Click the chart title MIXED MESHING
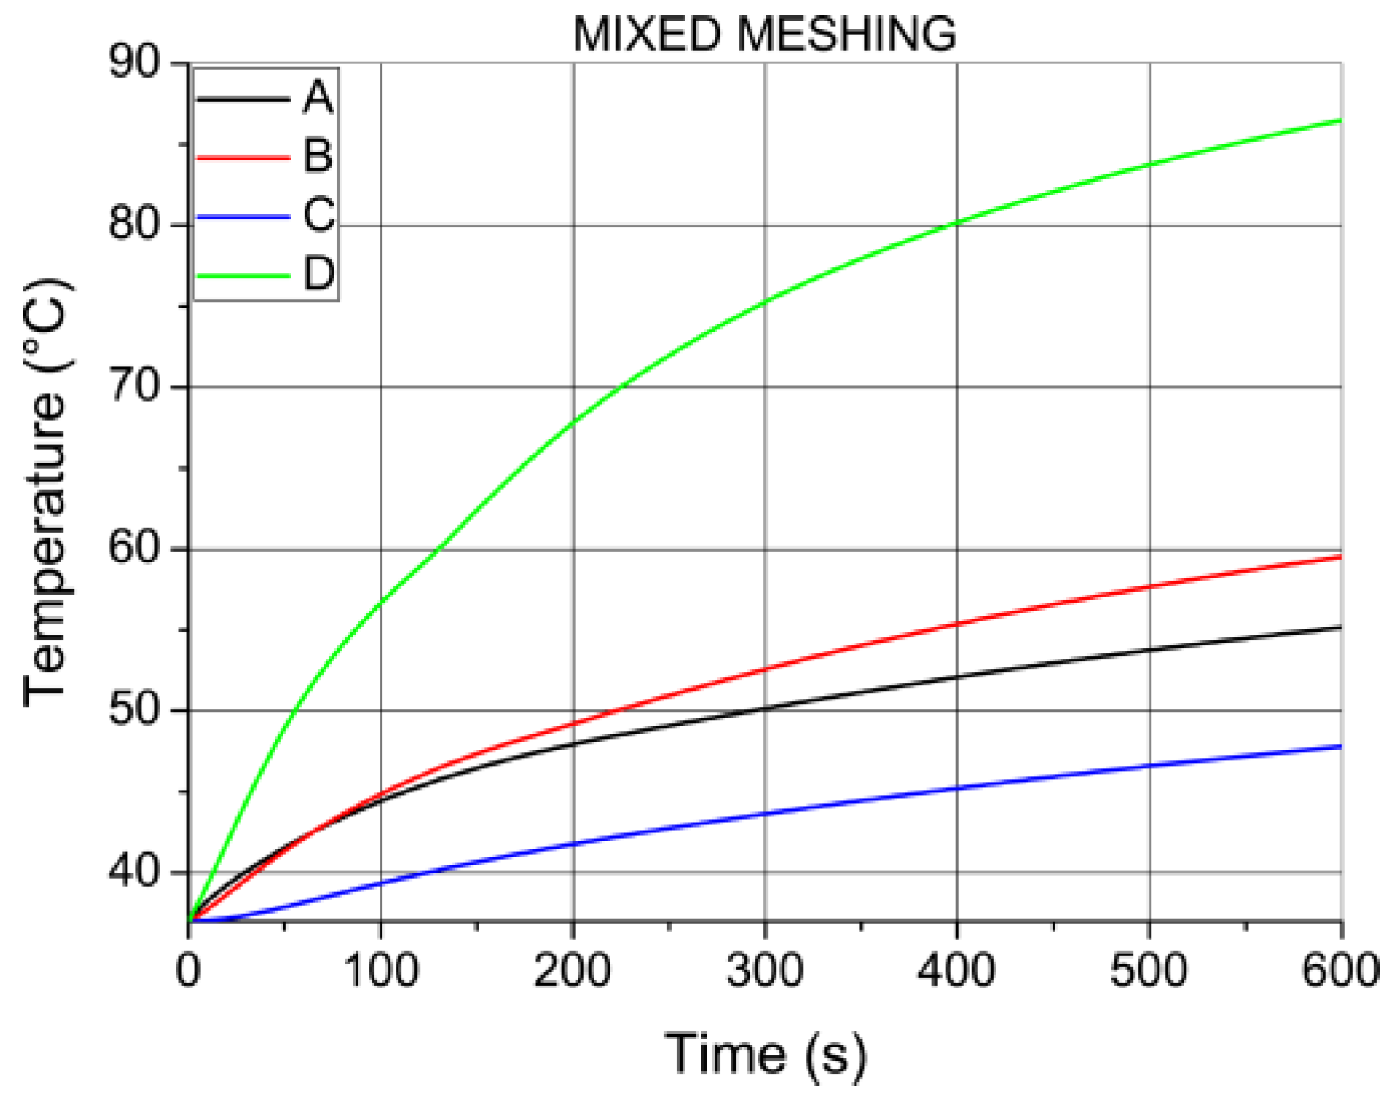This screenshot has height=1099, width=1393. [x=764, y=34]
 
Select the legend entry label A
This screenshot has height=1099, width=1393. [x=318, y=97]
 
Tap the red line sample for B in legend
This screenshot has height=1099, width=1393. [x=242, y=157]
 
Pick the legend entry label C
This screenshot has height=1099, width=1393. [x=318, y=214]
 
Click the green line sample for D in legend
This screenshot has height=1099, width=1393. [x=242, y=275]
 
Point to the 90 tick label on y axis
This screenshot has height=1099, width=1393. [x=134, y=62]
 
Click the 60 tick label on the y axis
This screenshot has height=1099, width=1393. [x=134, y=547]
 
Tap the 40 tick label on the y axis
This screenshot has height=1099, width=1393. [x=134, y=871]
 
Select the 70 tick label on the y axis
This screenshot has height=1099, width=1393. [x=134, y=386]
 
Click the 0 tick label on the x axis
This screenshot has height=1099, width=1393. [x=188, y=970]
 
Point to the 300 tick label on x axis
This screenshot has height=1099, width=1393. [x=764, y=970]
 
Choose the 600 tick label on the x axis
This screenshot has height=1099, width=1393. [x=1340, y=970]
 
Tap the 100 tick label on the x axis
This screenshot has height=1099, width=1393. [x=381, y=970]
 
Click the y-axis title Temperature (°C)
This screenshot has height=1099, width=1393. [x=46, y=490]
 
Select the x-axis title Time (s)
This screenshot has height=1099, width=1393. [x=764, y=1054]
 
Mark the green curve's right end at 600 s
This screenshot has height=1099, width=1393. [x=1340, y=120]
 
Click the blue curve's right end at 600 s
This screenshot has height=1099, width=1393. [x=1340, y=746]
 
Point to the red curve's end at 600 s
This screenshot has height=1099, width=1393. [x=1340, y=557]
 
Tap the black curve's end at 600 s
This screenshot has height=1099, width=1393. [x=1340, y=627]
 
